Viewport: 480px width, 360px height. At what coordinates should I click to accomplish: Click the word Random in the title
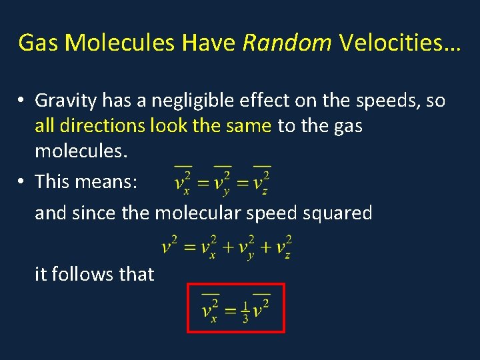(x=287, y=43)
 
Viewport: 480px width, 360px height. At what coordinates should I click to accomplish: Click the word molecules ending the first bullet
(x=80, y=151)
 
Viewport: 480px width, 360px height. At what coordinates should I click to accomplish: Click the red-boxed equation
(x=235, y=308)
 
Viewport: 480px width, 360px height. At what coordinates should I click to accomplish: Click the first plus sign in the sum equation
(x=227, y=247)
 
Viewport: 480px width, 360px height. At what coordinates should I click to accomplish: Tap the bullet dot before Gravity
(x=22, y=101)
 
